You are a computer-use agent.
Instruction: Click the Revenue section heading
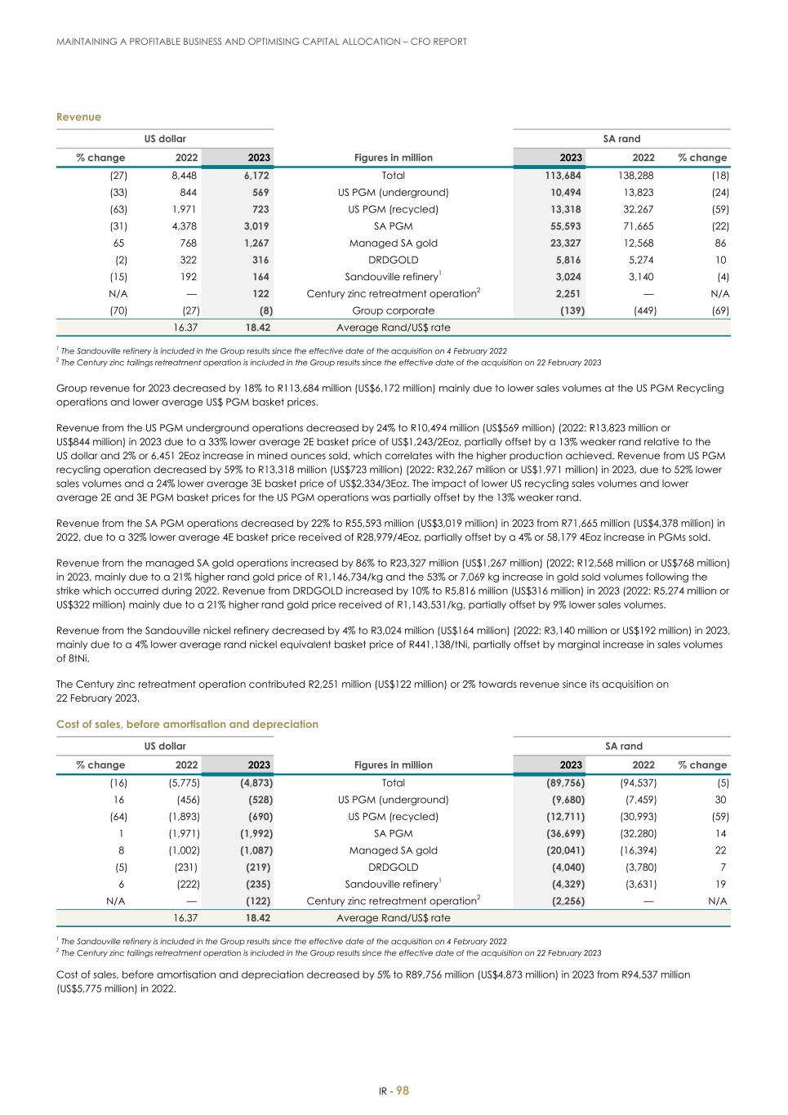[78, 117]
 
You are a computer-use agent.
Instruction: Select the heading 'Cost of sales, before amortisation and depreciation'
[187, 724]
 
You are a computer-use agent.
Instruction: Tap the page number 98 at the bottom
[403, 1090]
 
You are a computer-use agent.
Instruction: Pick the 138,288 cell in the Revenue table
[636, 176]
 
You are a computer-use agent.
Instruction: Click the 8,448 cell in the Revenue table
[185, 176]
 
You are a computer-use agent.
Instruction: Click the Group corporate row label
[393, 310]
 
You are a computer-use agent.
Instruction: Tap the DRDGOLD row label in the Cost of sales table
[393, 867]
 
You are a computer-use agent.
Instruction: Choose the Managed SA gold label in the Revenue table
[393, 243]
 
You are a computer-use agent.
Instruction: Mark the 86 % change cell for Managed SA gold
[722, 243]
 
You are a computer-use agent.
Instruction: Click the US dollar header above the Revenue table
[165, 139]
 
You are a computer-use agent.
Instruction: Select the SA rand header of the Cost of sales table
[623, 746]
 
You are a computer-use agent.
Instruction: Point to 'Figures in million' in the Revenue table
[393, 158]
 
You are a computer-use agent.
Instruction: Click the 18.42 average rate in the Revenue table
[257, 328]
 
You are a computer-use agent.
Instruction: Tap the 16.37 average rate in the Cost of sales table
[185, 918]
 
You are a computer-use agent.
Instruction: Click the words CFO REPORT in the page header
[438, 42]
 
